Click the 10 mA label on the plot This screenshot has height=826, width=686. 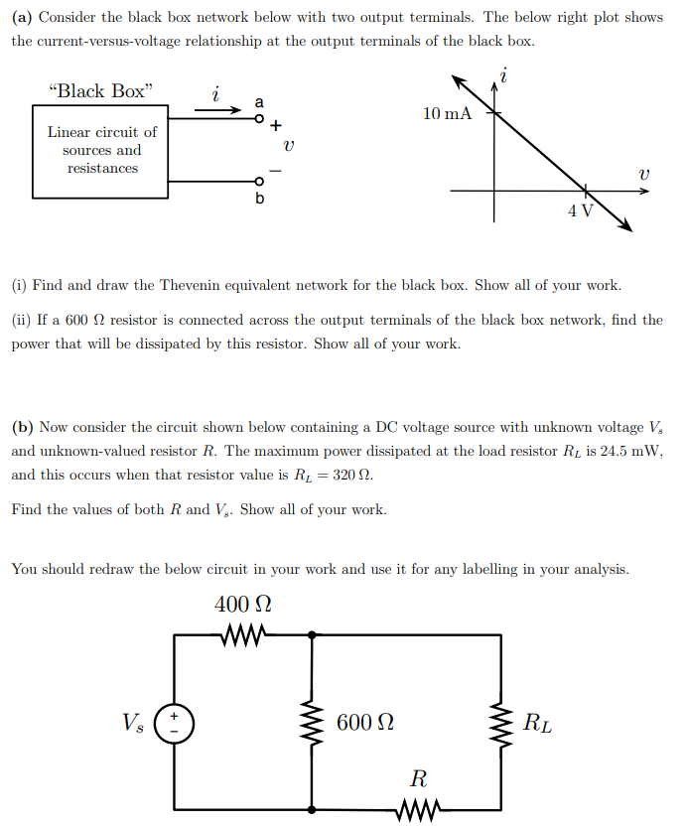click(x=447, y=114)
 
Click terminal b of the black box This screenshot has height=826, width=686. click(x=260, y=182)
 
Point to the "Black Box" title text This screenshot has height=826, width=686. click(x=101, y=91)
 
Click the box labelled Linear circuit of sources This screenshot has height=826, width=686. click(x=102, y=150)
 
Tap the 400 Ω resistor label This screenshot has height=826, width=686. click(x=242, y=604)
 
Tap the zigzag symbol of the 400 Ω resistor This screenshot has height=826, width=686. click(x=242, y=632)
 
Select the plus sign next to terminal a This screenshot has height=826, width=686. click(x=276, y=126)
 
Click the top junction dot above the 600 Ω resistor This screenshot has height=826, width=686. click(x=313, y=633)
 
